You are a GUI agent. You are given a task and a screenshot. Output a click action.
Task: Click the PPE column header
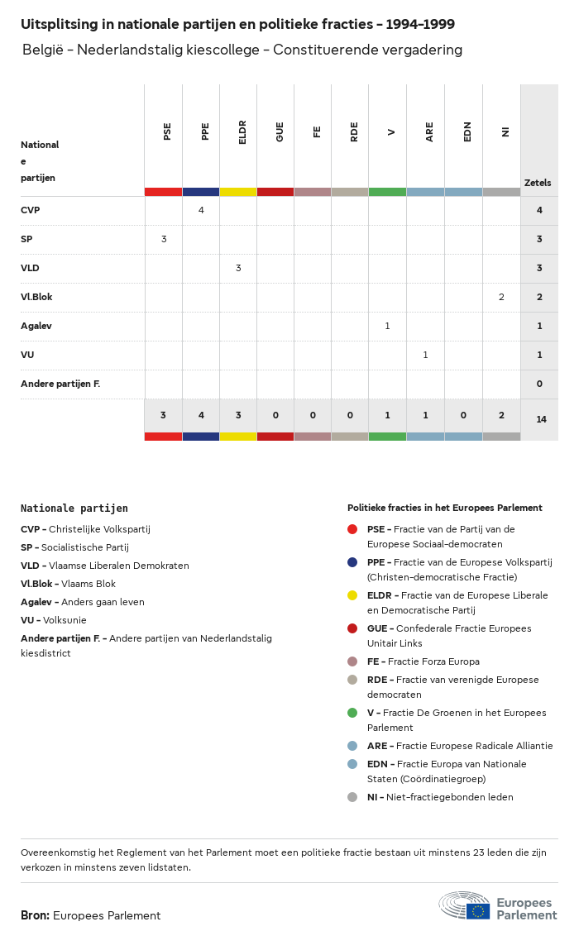tap(205, 131)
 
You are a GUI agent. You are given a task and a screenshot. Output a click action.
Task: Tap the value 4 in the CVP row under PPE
tap(201, 210)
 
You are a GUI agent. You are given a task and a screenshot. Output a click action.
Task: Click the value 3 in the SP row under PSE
tap(164, 239)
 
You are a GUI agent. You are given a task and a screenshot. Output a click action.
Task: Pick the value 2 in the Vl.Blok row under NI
tap(501, 297)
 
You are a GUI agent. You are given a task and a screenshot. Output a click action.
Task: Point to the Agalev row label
tap(36, 326)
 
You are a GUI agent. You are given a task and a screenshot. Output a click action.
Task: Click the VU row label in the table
tap(27, 355)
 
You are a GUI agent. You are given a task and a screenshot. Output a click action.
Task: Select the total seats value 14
tap(541, 419)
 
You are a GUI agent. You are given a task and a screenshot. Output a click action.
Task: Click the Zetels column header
tap(538, 183)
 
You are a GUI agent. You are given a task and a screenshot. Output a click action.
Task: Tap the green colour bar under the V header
tap(387, 192)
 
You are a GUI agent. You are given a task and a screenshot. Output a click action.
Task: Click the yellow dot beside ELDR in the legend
tap(352, 595)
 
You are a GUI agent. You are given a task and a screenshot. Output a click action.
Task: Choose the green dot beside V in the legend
tap(352, 713)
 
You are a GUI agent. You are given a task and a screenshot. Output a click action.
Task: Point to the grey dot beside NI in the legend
tap(352, 797)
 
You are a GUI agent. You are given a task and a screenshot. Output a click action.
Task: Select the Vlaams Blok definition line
tap(69, 584)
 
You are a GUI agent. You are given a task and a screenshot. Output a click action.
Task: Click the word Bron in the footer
tap(34, 915)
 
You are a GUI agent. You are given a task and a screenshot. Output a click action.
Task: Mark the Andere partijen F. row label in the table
tap(60, 384)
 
